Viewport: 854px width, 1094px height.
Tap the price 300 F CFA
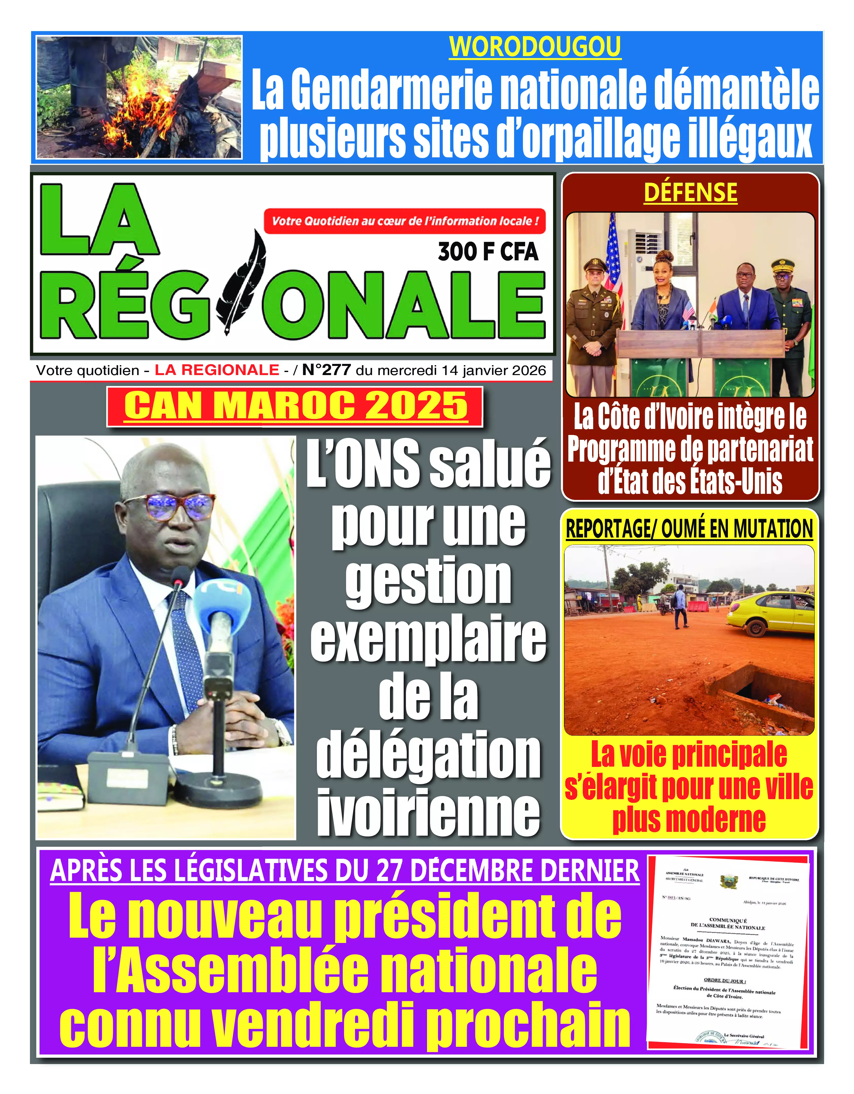point(488,251)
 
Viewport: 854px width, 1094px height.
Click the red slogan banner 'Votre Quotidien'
point(405,221)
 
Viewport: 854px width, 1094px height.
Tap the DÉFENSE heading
point(690,193)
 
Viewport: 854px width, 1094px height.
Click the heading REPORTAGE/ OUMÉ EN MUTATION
point(689,529)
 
